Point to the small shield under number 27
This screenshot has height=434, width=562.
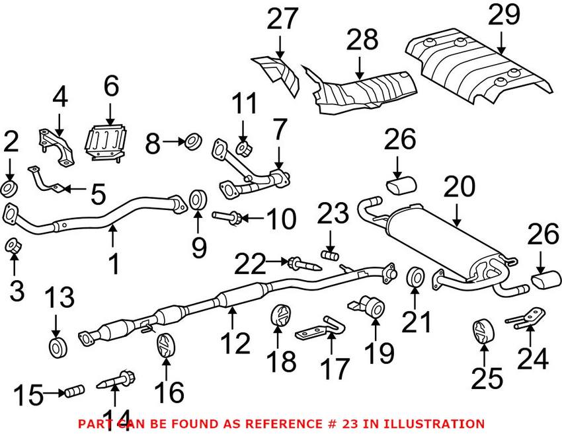coord(277,72)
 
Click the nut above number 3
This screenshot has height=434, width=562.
coord(12,246)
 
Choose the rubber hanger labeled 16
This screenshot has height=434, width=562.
coord(165,346)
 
